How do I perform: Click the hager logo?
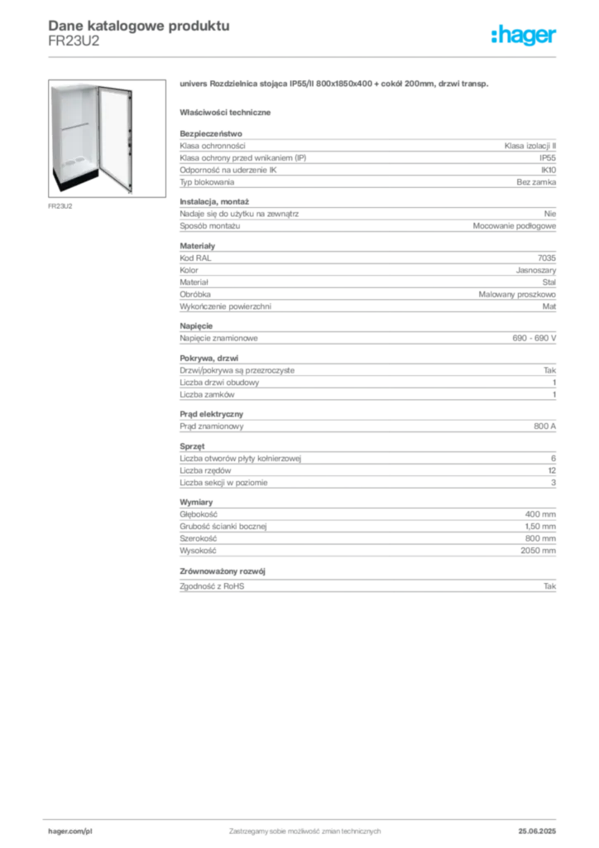click(x=524, y=36)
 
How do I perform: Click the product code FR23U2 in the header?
click(x=74, y=41)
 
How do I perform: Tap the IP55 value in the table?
click(x=548, y=158)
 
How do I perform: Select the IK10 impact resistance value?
click(x=549, y=170)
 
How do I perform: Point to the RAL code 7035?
click(x=547, y=258)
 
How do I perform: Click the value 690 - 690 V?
click(x=534, y=338)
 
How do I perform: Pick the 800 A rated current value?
click(x=545, y=426)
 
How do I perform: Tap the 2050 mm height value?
click(x=538, y=551)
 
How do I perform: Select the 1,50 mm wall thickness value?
click(x=540, y=526)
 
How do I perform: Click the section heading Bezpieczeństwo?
click(x=211, y=133)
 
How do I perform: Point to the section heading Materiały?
click(x=197, y=245)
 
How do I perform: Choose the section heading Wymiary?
click(x=196, y=502)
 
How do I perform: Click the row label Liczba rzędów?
click(x=205, y=470)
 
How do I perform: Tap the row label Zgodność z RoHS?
click(x=212, y=586)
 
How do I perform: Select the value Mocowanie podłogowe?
click(x=515, y=226)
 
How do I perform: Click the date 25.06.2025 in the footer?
click(x=537, y=831)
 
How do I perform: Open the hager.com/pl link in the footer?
click(x=70, y=831)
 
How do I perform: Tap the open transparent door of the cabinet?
click(x=116, y=138)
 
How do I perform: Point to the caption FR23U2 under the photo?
click(x=60, y=206)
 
